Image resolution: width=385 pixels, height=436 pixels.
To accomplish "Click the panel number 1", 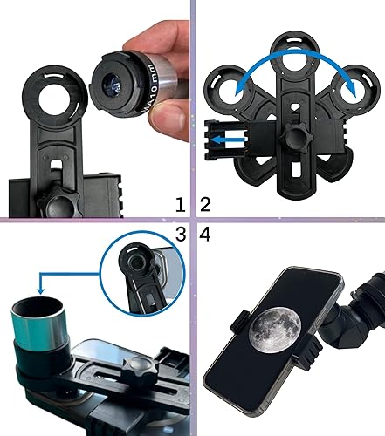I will coord(181,205).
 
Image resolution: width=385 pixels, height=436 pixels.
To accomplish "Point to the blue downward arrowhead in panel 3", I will coord(41,289).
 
